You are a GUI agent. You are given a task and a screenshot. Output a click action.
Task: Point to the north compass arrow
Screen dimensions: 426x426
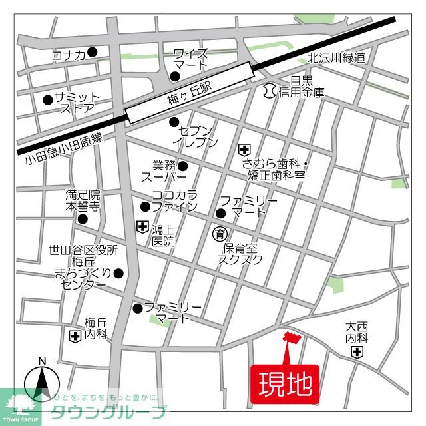[x=42, y=381]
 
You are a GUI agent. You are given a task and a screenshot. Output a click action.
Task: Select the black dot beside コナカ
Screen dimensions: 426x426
[x=93, y=52]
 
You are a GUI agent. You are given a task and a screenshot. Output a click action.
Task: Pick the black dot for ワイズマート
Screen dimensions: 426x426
[x=175, y=77]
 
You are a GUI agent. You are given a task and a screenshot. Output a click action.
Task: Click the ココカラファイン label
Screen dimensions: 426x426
[x=174, y=201]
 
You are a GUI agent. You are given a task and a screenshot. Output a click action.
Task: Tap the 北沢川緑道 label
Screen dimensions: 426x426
[x=337, y=58]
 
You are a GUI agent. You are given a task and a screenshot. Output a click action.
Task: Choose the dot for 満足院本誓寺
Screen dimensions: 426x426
[x=83, y=219]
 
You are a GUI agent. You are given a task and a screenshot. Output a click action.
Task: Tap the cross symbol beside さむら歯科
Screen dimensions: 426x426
[x=244, y=149]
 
